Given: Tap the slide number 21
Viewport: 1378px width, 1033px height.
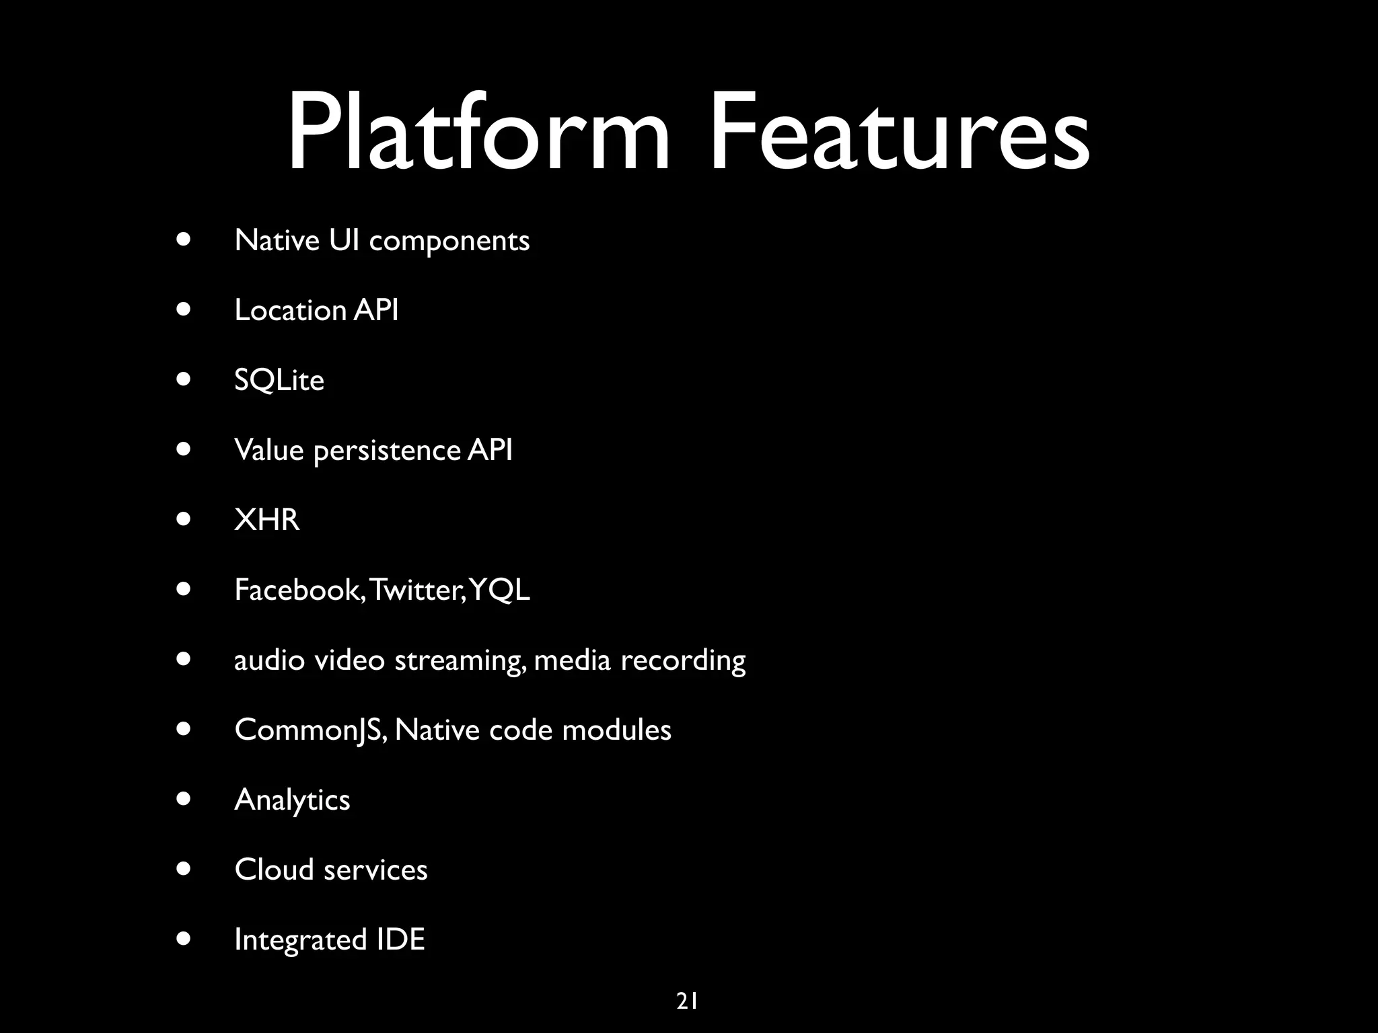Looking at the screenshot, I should click(687, 1001).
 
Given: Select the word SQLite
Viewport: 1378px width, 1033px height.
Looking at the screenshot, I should click(279, 381).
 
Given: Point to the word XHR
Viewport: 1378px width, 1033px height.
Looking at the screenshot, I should click(267, 520).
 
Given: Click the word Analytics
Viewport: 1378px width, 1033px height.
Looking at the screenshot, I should click(292, 800).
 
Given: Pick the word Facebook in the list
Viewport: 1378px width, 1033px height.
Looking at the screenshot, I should click(299, 590).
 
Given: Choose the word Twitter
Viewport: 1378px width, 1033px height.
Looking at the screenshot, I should click(416, 590).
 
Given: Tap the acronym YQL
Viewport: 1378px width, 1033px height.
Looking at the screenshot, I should click(500, 590).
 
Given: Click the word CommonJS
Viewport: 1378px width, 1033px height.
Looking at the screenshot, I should click(310, 730).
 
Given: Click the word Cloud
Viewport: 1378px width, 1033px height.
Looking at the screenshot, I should click(274, 870).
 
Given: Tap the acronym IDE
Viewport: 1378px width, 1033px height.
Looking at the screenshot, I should click(400, 940).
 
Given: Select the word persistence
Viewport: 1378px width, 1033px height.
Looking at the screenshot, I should click(387, 451).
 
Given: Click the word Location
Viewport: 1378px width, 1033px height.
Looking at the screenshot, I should click(290, 311).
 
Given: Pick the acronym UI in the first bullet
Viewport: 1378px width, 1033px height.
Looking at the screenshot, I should click(344, 241).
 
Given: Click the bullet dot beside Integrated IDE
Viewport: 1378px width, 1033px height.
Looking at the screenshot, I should click(183, 938).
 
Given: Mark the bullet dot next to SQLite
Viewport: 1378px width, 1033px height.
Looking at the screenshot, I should click(183, 379).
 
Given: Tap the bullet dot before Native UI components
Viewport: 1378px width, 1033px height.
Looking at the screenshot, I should click(183, 239).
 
